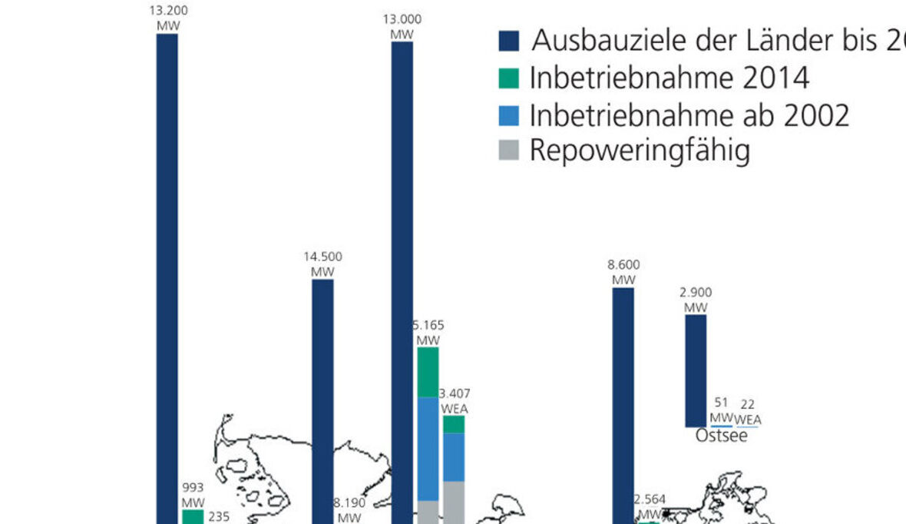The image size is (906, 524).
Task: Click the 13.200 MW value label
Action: coord(167,18)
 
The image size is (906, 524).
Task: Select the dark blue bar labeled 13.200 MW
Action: coord(167,277)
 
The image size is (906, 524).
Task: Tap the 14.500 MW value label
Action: coord(323,264)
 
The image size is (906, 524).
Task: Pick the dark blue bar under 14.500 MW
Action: coord(323,400)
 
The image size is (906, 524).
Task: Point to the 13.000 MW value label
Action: coord(402,27)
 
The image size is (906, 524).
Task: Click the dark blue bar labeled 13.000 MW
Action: coord(402,277)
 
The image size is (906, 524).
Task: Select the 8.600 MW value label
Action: coord(623,272)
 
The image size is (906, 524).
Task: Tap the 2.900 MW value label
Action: coord(696,300)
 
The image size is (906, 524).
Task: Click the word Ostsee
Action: coord(721,436)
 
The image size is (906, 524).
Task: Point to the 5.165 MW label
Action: coord(428,332)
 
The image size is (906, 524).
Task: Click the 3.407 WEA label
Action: coord(455,401)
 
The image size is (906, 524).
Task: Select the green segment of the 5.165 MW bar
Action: coord(428,372)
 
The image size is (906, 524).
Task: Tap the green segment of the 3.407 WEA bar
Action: coord(454,424)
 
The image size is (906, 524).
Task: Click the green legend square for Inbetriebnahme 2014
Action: coord(509,78)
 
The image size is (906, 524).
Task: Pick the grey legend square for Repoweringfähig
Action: coord(509,151)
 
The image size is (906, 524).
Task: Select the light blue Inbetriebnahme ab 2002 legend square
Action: coord(509,115)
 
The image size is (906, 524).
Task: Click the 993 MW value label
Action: coord(193,494)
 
